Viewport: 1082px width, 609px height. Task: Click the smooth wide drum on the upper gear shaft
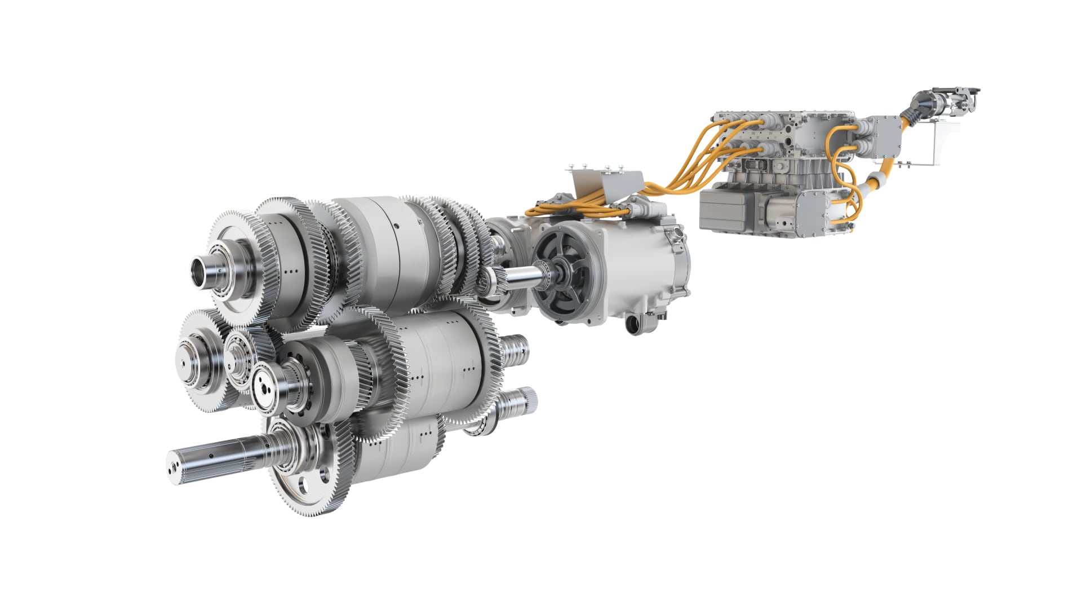click(x=394, y=248)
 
